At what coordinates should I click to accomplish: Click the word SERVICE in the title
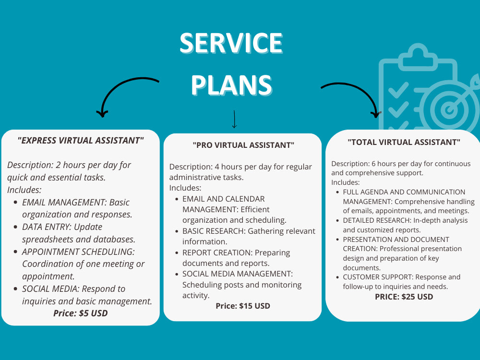point(231,43)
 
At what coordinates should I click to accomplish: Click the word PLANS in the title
point(231,85)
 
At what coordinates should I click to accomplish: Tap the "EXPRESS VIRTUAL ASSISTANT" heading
point(81,141)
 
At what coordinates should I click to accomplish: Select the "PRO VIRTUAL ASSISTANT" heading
point(243,145)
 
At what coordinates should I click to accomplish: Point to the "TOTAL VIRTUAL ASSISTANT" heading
point(404,142)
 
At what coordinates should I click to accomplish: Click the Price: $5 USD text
point(81,313)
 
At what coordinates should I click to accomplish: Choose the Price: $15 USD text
point(243,306)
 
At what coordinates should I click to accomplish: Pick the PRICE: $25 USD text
point(404,297)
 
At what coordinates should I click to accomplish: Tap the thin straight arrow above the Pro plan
point(234,119)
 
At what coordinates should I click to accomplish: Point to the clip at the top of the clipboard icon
point(418,55)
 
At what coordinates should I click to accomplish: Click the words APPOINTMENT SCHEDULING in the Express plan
point(78,252)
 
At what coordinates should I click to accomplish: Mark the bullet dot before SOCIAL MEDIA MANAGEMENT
point(177,274)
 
